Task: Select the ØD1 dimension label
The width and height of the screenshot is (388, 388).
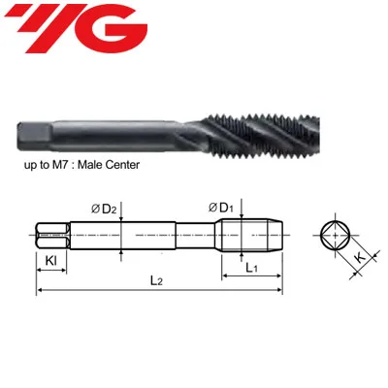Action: click(x=220, y=207)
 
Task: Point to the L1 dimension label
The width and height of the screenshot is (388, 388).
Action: click(x=250, y=266)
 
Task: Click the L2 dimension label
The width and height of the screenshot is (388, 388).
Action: click(x=158, y=280)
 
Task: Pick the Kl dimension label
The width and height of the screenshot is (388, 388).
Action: click(x=50, y=261)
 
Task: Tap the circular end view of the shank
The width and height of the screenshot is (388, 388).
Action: click(x=337, y=234)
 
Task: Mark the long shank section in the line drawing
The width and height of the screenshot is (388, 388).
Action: click(x=121, y=234)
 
